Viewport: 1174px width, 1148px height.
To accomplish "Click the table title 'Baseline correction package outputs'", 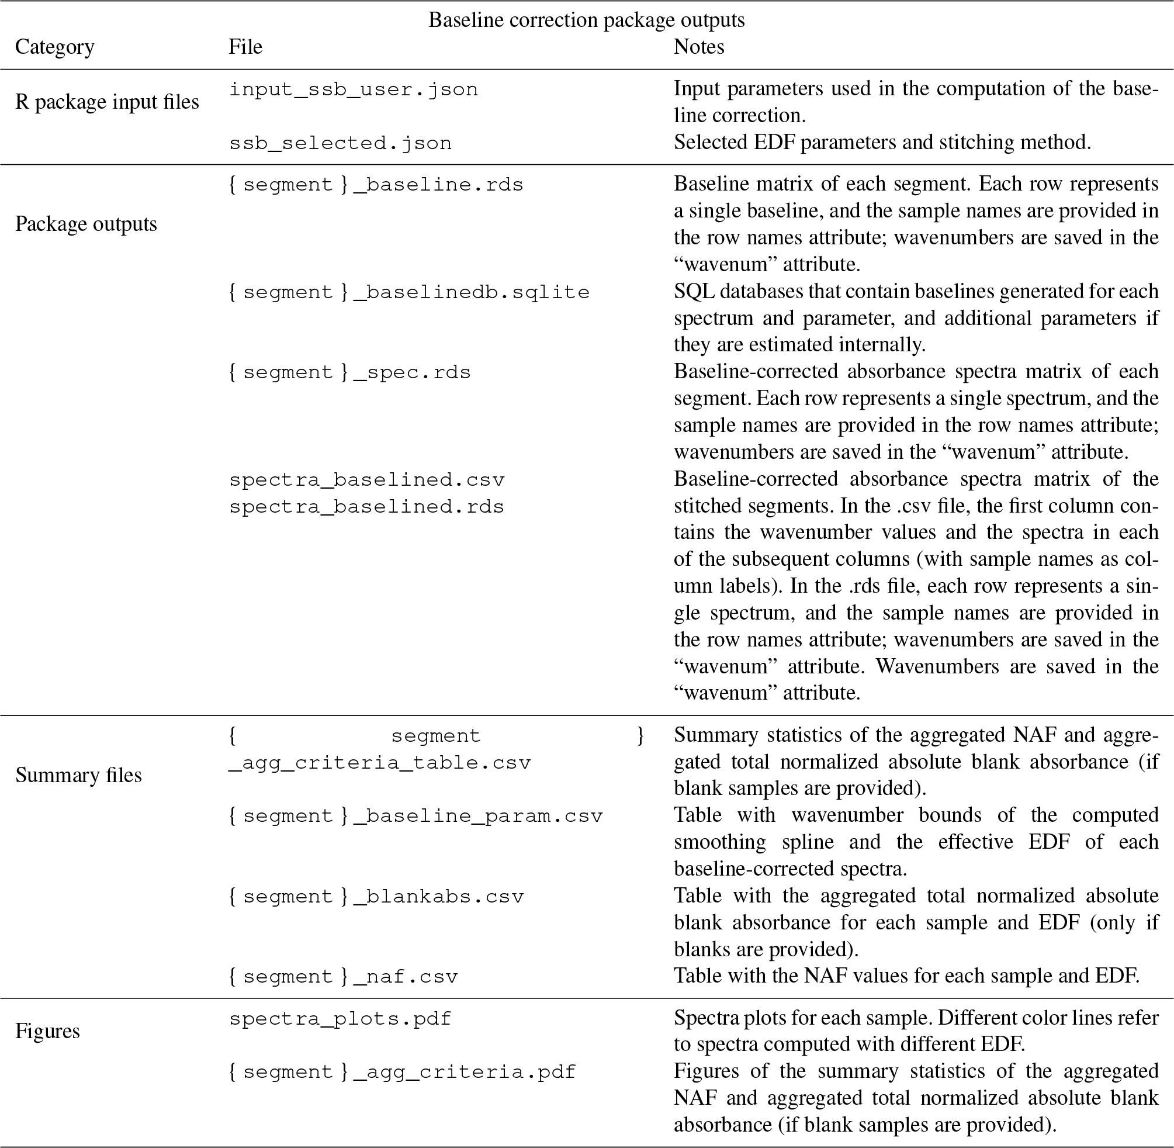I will [x=586, y=20].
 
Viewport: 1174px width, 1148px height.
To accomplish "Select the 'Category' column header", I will [x=54, y=47].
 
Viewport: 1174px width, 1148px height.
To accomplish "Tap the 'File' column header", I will [x=245, y=47].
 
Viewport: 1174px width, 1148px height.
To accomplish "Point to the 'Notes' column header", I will [x=698, y=47].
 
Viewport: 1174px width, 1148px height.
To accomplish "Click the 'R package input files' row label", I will [x=107, y=102].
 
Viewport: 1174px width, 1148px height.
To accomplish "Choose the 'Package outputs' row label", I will [x=85, y=224].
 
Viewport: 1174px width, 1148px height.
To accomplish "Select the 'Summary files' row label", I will [x=78, y=774].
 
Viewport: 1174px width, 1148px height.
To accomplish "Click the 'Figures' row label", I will [x=47, y=1031].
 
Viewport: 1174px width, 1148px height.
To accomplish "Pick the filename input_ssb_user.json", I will [x=353, y=90].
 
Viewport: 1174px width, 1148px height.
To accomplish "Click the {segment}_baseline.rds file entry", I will [x=376, y=185].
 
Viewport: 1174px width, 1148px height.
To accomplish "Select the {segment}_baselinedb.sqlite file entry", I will [x=409, y=292].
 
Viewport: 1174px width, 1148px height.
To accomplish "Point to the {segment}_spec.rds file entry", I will [x=349, y=372].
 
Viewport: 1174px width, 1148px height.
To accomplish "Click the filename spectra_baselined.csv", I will [x=366, y=480].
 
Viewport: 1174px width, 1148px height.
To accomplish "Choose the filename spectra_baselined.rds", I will [x=366, y=506].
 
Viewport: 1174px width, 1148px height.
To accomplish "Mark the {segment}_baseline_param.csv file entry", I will [x=416, y=816].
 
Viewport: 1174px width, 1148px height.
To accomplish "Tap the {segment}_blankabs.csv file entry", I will [x=376, y=897].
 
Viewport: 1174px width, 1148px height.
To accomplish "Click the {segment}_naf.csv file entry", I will [x=343, y=976].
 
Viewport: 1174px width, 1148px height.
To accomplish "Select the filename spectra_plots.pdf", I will [x=340, y=1019].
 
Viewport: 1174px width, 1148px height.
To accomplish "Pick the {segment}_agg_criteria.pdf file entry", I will [x=403, y=1072].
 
